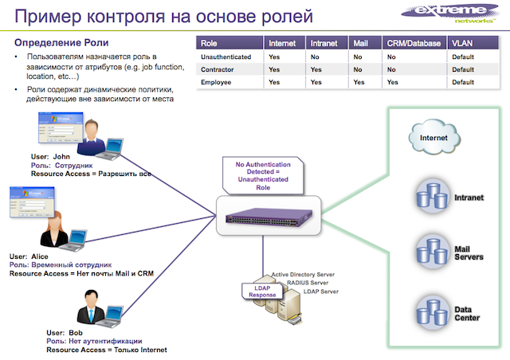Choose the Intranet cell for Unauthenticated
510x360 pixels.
tap(316, 57)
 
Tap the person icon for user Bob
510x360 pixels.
tap(89, 307)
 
